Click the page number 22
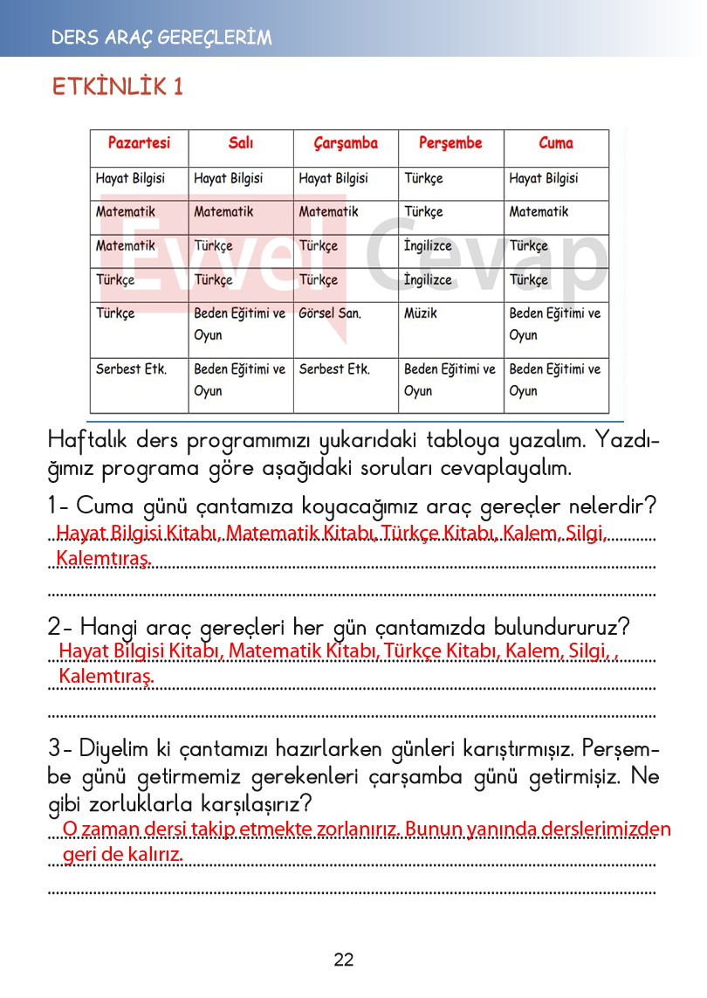pyautogui.click(x=344, y=960)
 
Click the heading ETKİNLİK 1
pyautogui.click(x=118, y=87)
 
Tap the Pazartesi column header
pyautogui.click(x=139, y=142)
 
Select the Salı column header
pyautogui.click(x=241, y=143)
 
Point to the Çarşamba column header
pyautogui.click(x=346, y=143)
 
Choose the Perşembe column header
pyautogui.click(x=450, y=143)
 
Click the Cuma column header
pyautogui.click(x=556, y=143)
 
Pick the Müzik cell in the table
pyautogui.click(x=421, y=313)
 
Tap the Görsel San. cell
pyautogui.click(x=330, y=313)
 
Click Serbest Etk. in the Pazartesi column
pyautogui.click(x=131, y=369)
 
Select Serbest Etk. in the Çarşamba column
pyautogui.click(x=334, y=369)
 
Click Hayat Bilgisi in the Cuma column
pyautogui.click(x=544, y=178)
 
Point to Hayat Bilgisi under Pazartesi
pyautogui.click(x=130, y=178)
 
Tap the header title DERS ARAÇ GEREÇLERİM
pyautogui.click(x=161, y=38)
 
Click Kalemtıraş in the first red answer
pyautogui.click(x=104, y=558)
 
